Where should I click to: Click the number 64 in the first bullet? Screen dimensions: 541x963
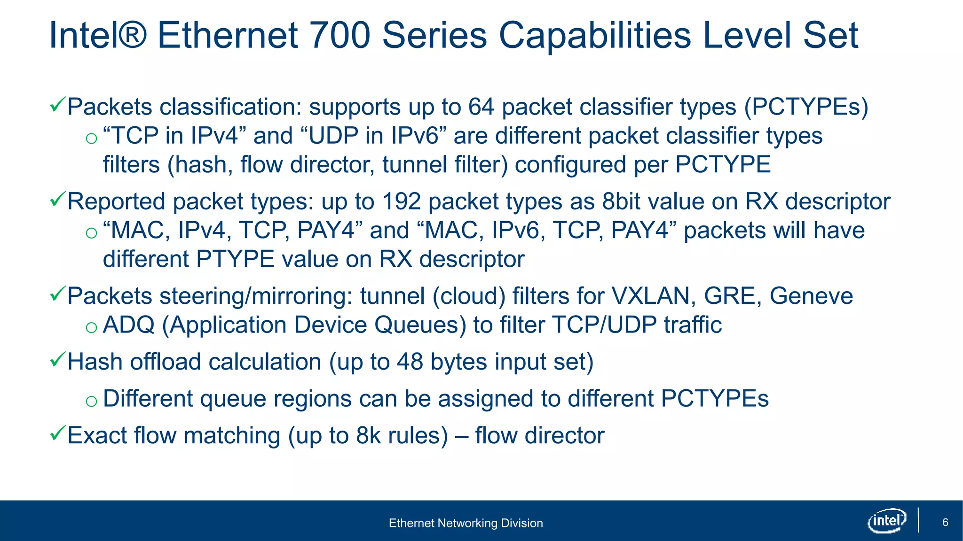[481, 107]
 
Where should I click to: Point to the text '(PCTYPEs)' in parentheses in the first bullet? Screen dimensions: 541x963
[806, 107]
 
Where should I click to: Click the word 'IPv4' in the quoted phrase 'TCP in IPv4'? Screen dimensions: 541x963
[214, 136]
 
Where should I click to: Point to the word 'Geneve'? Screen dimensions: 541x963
[811, 296]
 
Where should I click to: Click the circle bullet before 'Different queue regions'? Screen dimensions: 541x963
[91, 401]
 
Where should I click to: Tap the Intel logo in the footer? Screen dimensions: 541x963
[886, 520]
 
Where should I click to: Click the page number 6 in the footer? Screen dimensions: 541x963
[945, 523]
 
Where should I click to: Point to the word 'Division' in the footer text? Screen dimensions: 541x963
[522, 523]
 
